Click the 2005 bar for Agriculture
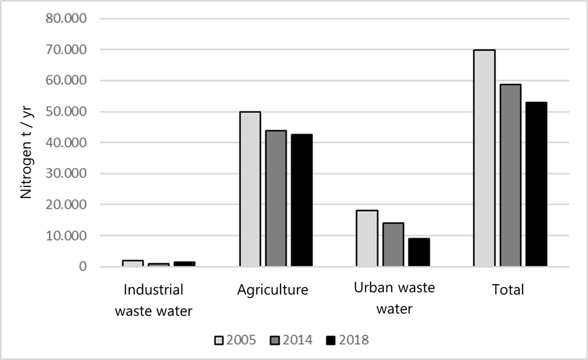[x=250, y=189]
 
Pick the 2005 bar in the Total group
[x=484, y=158]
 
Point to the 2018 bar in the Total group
[x=536, y=184]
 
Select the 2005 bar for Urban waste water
[x=367, y=238]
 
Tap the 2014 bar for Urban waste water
[x=393, y=244]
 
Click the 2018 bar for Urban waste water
[x=419, y=252]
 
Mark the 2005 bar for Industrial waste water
[x=133, y=263]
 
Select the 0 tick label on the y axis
[x=82, y=266]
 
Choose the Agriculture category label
[x=272, y=290]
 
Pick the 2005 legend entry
[x=235, y=340]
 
